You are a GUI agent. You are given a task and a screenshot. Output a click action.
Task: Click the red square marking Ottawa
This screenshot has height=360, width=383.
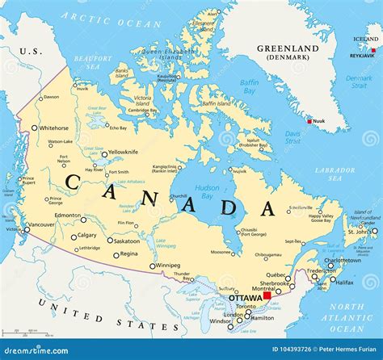267,297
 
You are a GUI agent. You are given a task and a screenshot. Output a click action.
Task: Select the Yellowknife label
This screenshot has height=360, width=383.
124,152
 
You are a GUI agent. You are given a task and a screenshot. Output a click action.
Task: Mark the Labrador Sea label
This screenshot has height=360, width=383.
335,174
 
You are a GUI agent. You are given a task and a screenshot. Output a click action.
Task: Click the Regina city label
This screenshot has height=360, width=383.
128,253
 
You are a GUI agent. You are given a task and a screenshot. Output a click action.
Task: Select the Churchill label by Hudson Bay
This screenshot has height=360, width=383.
179,195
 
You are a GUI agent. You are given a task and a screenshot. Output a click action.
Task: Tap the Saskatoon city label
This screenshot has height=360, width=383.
127,241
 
